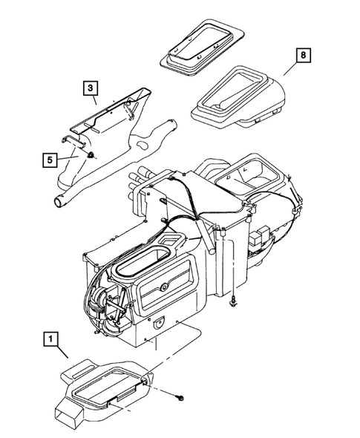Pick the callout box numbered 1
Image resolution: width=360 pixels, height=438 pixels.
[x=50, y=341]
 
